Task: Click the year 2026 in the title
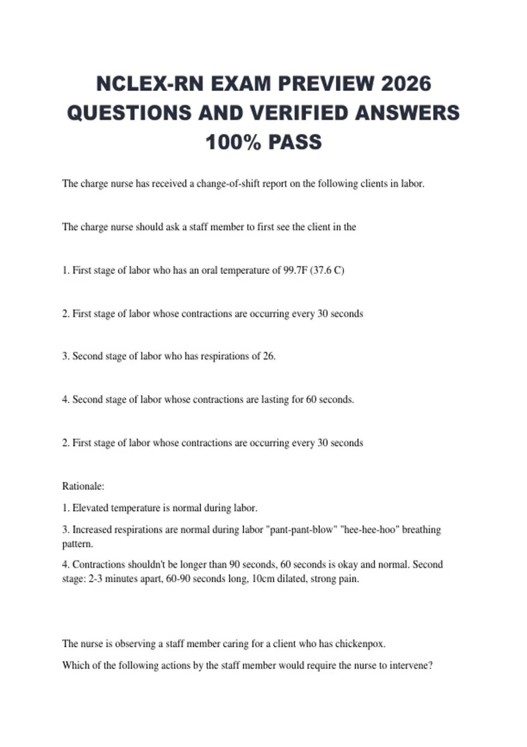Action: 406,83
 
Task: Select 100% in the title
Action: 233,142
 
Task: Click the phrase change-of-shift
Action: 228,184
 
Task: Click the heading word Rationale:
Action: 83,486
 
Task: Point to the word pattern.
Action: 77,544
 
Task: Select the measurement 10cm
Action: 263,579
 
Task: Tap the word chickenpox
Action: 360,644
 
